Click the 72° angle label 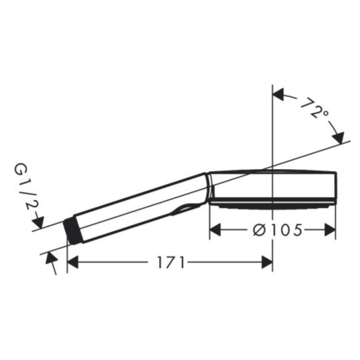[315, 108]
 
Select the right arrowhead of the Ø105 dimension [330, 230]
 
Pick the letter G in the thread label [20, 170]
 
